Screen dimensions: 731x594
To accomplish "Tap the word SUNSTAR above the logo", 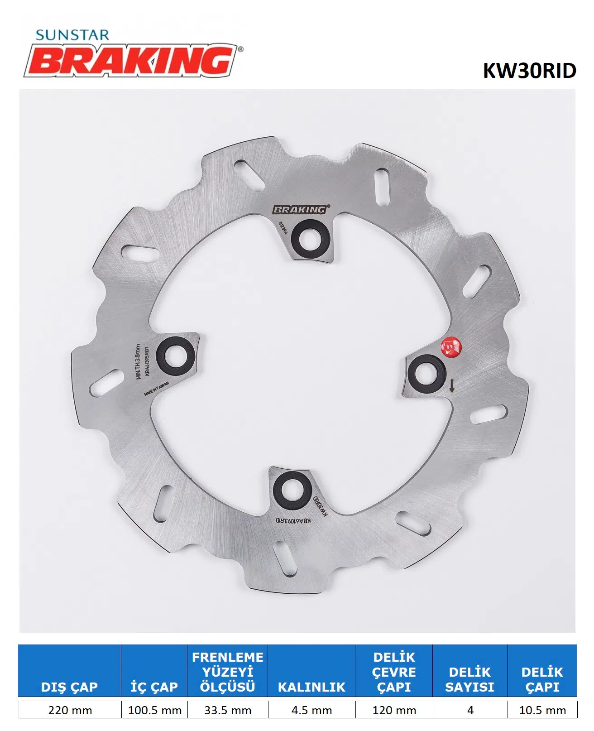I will click(x=72, y=35).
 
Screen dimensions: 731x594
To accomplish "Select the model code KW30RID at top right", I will click(x=529, y=71).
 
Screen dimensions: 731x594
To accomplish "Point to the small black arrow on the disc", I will click(x=451, y=386).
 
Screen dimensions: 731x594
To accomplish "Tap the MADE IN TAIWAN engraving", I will click(x=156, y=389).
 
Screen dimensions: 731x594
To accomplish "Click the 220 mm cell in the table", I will click(x=70, y=710).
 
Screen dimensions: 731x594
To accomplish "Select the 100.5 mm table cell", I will click(x=154, y=710).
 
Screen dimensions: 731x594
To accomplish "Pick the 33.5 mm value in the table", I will click(x=227, y=710).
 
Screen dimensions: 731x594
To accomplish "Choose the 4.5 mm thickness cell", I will click(x=311, y=710).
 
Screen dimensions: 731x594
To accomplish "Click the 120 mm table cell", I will click(x=394, y=710).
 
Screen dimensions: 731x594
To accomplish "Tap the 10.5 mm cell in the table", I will click(x=542, y=710).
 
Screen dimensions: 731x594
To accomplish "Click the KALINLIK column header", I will click(x=311, y=687).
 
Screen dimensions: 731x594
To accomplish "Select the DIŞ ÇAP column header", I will click(x=69, y=687).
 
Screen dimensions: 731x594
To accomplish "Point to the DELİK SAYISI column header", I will click(x=469, y=679).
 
